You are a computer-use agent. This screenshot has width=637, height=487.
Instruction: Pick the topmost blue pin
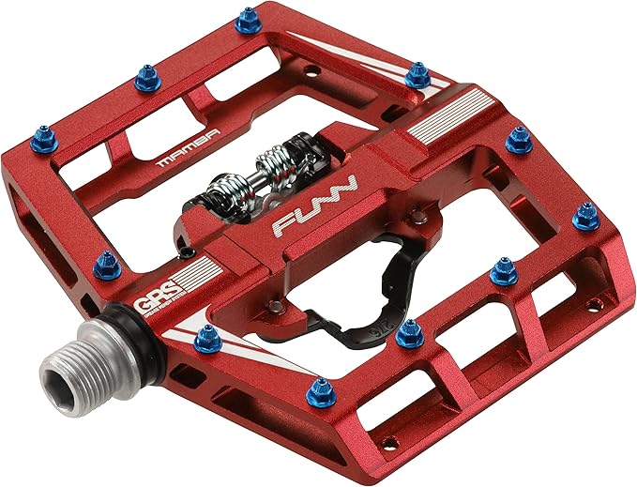pyautogui.click(x=248, y=20)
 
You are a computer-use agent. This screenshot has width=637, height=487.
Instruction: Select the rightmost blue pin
pyautogui.click(x=587, y=217)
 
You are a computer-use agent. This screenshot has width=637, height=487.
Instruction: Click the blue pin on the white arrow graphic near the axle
pyautogui.click(x=208, y=337)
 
